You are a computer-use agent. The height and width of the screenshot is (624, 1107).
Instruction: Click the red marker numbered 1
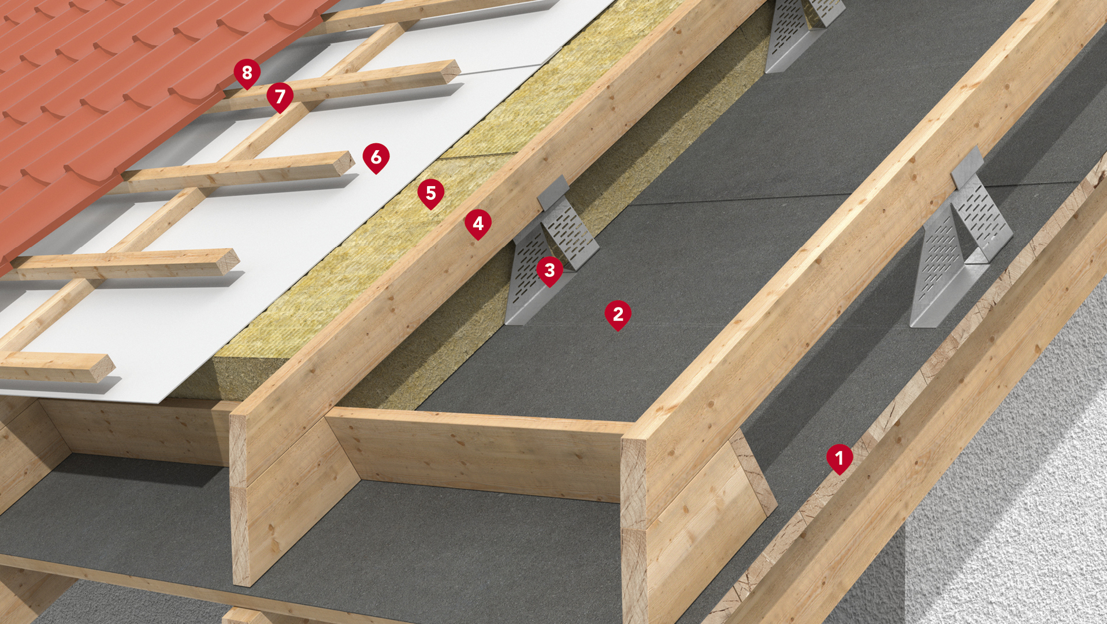click(x=839, y=458)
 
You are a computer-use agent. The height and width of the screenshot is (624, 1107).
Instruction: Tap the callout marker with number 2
click(x=618, y=314)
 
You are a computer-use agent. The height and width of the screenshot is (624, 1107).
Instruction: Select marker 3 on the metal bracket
click(x=549, y=270)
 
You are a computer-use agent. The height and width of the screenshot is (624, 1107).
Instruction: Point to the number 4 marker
click(x=478, y=224)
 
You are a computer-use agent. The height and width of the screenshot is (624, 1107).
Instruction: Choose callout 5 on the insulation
click(x=430, y=193)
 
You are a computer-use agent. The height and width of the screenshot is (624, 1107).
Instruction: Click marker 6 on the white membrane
click(x=376, y=157)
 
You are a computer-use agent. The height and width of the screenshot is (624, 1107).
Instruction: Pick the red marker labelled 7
click(x=280, y=96)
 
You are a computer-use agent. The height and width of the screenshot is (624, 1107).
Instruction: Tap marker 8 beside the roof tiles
click(x=247, y=73)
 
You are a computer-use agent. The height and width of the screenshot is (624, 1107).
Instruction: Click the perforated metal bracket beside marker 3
click(x=549, y=248)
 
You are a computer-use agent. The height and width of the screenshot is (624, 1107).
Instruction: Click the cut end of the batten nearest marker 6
click(x=345, y=162)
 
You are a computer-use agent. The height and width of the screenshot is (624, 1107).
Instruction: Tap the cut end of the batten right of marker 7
click(x=451, y=70)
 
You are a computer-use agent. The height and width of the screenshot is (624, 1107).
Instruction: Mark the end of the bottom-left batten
click(x=104, y=368)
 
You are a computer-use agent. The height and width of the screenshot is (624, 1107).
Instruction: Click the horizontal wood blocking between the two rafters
click(x=480, y=454)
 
